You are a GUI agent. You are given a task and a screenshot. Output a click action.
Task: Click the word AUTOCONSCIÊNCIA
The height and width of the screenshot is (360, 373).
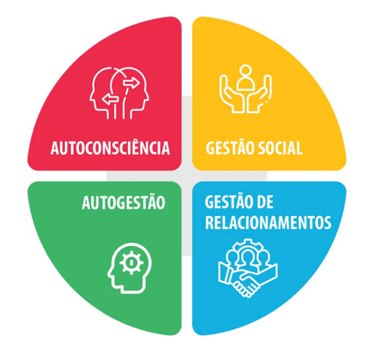point(110,148)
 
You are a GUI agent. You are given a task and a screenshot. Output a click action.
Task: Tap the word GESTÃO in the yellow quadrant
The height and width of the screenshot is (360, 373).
point(227,148)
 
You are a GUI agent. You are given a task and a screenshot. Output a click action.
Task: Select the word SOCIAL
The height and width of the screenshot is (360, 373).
point(278,148)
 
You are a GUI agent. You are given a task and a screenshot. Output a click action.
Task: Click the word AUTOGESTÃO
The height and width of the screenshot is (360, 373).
point(124,203)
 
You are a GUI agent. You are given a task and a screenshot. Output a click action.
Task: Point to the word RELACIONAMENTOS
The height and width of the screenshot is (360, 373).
point(268,222)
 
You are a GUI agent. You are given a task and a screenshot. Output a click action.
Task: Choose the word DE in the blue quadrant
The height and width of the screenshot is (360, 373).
point(263,202)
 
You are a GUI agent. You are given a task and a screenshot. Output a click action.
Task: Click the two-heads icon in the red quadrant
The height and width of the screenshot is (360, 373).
point(119,93)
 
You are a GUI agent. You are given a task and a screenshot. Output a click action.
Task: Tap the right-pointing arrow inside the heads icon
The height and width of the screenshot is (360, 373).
point(132,83)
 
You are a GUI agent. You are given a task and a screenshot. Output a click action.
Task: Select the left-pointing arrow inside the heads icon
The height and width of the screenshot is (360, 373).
point(110,99)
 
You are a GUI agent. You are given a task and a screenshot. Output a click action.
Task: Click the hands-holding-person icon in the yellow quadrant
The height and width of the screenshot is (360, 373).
point(246,89)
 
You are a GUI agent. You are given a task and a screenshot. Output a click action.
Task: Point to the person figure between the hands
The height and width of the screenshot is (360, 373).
point(245,78)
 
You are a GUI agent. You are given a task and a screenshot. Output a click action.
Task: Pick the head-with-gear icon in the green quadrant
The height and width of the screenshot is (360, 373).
point(130,268)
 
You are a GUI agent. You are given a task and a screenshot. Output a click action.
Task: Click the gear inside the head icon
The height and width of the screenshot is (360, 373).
point(132,263)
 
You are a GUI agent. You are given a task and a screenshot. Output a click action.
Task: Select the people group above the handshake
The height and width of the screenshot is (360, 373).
point(248,256)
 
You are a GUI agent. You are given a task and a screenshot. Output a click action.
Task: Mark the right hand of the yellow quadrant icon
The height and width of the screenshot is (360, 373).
point(260,94)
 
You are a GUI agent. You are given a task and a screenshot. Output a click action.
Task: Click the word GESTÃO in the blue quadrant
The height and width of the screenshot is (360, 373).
point(227,201)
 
